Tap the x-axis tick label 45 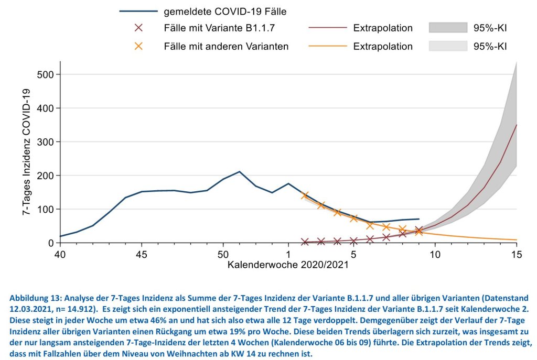(x=142, y=254)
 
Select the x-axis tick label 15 (x=517, y=254)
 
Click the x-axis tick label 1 (x=288, y=254)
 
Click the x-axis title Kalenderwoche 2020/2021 (x=288, y=265)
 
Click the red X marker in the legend (x=138, y=28)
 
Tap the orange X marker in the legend (x=138, y=46)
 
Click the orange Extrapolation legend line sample (x=328, y=46)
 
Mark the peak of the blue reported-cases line (x=239, y=171)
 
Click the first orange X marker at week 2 (x=305, y=195)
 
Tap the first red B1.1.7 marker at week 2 (x=305, y=242)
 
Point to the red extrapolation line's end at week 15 (x=517, y=125)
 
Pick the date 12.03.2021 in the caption (x=31, y=308)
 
